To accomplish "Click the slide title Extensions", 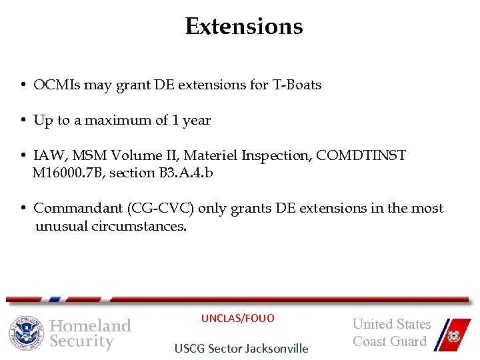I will [244, 27].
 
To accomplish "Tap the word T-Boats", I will [297, 85].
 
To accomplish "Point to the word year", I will [197, 121].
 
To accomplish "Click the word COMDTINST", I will [361, 156].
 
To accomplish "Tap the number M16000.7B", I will [70, 173].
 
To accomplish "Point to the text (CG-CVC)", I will [163, 209].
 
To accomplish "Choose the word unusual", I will [61, 226].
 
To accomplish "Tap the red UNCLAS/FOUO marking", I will [238, 319].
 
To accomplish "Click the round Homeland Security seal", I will [26, 333].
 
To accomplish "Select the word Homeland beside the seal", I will [91, 326].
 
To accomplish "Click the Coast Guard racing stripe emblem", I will [450, 333].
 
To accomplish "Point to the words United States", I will [391, 325].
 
